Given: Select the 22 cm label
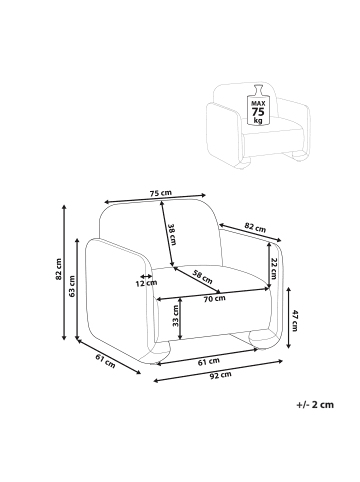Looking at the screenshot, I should [274, 267].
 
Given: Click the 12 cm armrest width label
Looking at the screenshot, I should [146, 283].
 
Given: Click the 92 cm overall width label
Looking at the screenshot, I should [221, 375].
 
